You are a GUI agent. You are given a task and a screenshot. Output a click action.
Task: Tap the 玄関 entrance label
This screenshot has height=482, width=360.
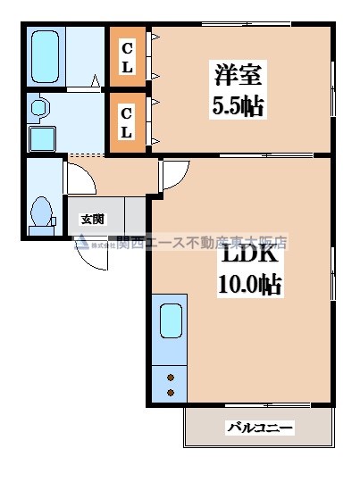tap(92, 218)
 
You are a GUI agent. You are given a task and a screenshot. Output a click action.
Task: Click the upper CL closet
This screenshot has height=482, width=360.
tap(128, 58)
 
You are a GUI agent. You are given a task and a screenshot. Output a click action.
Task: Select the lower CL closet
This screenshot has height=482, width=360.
tap(128, 123)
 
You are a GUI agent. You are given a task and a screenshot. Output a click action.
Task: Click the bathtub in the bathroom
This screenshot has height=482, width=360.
tap(43, 55)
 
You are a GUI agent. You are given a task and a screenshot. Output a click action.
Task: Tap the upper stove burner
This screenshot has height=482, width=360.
tap(170, 376)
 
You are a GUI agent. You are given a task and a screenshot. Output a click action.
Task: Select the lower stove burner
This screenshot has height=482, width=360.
tap(170, 392)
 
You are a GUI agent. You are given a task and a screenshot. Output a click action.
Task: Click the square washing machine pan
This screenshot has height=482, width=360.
tap(41, 138)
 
